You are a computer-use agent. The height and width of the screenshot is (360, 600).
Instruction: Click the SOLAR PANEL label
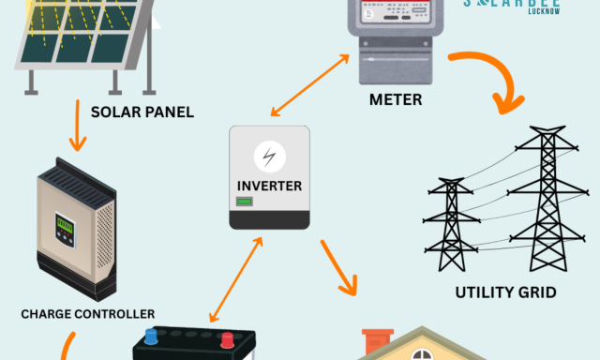[142, 112]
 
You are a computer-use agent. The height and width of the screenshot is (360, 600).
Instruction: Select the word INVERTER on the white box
[270, 186]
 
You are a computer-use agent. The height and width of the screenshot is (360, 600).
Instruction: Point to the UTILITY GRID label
[505, 292]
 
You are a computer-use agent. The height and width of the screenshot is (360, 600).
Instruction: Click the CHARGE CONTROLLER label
[88, 314]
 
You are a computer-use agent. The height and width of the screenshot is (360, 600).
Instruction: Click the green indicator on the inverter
[244, 202]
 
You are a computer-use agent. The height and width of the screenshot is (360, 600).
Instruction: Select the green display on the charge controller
[65, 227]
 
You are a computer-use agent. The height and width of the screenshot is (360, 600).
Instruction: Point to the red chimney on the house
[377, 339]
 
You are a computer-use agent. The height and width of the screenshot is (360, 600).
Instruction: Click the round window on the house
[423, 354]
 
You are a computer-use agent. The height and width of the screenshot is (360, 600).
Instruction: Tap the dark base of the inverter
[270, 219]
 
